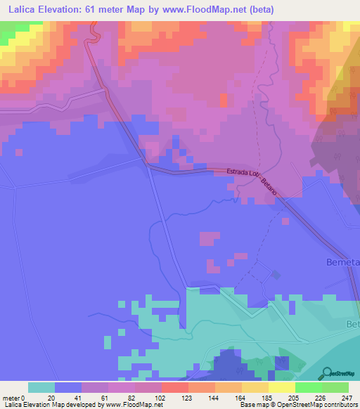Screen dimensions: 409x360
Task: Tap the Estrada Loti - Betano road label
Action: click(253, 180)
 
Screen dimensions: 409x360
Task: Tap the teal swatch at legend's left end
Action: click(41, 387)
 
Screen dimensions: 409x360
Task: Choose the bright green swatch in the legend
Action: click(308, 387)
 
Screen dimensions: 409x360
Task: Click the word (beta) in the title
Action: click(258, 10)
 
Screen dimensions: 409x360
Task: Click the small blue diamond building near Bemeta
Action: click(276, 274)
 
